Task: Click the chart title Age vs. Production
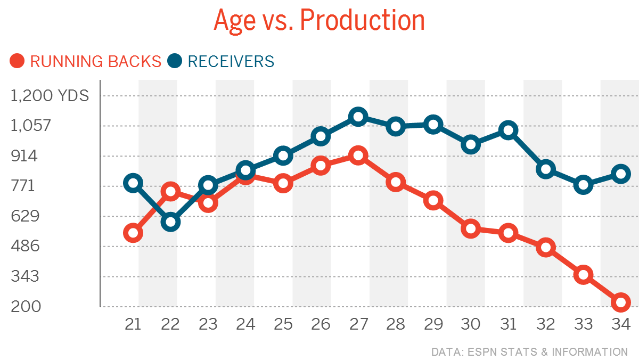[319, 20]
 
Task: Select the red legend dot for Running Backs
[18, 61]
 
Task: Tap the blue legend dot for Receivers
[175, 61]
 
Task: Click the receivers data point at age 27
[358, 117]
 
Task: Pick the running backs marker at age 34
[621, 302]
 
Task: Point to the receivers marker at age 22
[170, 222]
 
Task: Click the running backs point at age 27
[358, 156]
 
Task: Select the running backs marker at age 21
[133, 233]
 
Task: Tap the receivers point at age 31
[509, 130]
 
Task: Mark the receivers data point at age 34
[621, 174]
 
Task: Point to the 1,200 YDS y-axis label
[50, 96]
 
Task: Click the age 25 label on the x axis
[283, 324]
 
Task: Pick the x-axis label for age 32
[546, 324]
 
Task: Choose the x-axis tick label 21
[133, 324]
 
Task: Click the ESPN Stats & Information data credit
[529, 352]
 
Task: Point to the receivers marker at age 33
[584, 185]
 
